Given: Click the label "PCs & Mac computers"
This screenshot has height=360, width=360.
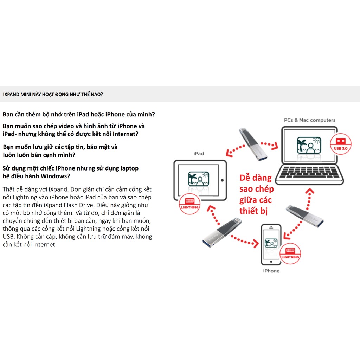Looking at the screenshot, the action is point(309,120).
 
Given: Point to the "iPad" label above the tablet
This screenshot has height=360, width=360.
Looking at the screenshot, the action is point(199,153).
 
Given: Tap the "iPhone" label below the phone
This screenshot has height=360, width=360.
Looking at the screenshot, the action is point(271,271).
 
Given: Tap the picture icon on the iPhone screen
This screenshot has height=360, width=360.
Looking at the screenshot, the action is point(271,243).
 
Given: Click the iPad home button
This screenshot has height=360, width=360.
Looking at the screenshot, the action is point(223,181).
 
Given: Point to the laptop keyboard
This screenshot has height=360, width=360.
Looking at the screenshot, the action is point(309,172).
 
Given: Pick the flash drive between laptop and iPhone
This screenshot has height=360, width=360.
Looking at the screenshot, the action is point(305,216).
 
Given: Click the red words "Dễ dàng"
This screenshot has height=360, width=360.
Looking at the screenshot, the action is point(256,178).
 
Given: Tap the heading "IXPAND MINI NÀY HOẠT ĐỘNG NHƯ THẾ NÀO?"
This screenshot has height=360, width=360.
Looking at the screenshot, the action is point(53,94).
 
